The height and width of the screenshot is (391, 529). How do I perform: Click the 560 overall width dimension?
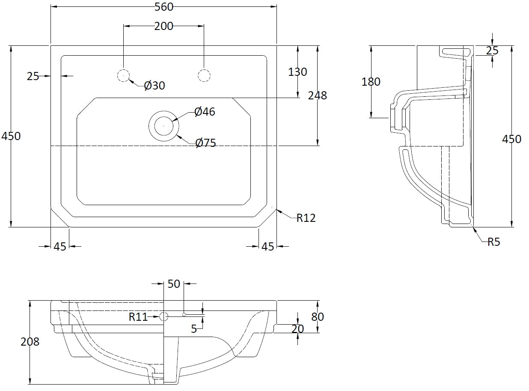click(x=163, y=7)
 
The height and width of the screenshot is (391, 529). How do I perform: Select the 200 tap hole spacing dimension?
click(x=163, y=26)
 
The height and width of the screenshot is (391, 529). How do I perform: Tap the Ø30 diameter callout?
click(x=155, y=86)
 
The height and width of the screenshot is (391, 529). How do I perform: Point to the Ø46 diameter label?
click(x=205, y=112)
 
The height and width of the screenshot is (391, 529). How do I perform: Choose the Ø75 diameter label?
click(x=205, y=143)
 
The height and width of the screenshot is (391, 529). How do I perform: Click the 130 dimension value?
click(x=297, y=72)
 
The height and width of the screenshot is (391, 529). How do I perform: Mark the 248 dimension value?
click(x=317, y=96)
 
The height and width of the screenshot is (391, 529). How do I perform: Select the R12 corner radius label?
click(x=306, y=218)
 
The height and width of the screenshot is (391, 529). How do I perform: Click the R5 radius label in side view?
click(x=493, y=242)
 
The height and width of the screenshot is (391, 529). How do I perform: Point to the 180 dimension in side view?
click(x=371, y=81)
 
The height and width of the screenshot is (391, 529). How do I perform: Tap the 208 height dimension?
click(x=30, y=342)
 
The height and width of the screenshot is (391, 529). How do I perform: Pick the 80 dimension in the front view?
click(x=317, y=317)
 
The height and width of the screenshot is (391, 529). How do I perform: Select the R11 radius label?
click(x=138, y=317)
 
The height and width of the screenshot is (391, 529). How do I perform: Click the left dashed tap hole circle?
click(x=123, y=76)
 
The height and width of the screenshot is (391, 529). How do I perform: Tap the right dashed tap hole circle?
click(x=204, y=76)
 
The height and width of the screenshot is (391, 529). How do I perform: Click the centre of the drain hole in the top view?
click(x=163, y=126)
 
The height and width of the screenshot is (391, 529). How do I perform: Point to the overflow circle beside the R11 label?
click(x=163, y=317)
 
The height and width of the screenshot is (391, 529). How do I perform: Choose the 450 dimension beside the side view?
click(x=512, y=139)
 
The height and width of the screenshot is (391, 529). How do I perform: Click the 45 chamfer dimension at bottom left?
click(x=60, y=247)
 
